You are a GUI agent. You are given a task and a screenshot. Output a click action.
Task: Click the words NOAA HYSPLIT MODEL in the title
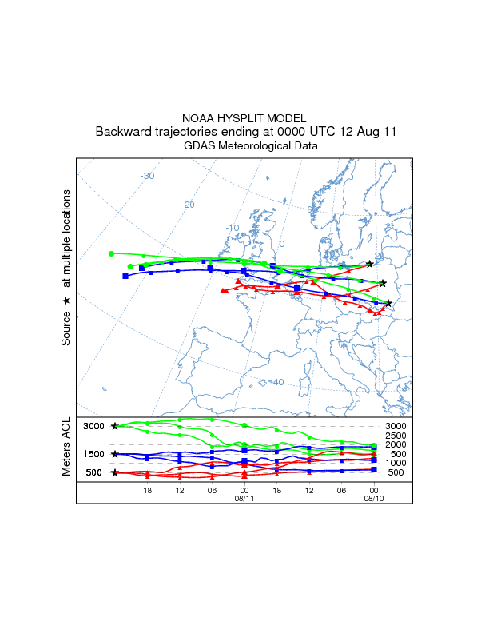pyautogui.click(x=245, y=117)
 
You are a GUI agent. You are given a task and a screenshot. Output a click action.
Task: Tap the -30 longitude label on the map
pyautogui.click(x=147, y=176)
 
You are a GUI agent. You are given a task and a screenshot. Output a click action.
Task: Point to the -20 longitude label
pyautogui.click(x=189, y=205)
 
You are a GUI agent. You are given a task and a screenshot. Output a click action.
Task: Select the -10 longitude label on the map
pyautogui.click(x=233, y=228)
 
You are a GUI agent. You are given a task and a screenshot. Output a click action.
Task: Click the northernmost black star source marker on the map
pyautogui.click(x=369, y=264)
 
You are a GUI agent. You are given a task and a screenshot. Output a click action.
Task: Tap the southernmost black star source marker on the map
pyautogui.click(x=389, y=303)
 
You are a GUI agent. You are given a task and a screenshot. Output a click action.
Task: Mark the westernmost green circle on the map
pyautogui.click(x=112, y=253)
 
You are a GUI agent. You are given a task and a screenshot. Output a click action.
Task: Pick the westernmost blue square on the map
pyautogui.click(x=125, y=276)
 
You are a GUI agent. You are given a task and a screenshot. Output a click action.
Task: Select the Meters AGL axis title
pyautogui.click(x=66, y=447)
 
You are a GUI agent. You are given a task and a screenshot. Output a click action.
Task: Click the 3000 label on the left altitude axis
pyautogui.click(x=94, y=426)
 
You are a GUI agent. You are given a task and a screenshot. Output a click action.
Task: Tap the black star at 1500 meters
pyautogui.click(x=115, y=454)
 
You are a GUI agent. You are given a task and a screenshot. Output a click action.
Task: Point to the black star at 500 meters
pyautogui.click(x=115, y=472)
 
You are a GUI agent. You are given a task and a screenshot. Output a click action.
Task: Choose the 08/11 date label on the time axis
pyautogui.click(x=244, y=497)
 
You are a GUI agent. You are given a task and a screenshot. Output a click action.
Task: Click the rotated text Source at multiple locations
pyautogui.click(x=66, y=268)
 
